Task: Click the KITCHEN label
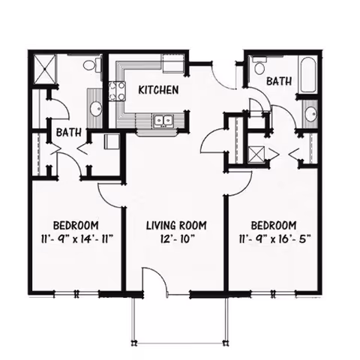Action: tap(158, 90)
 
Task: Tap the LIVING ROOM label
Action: tap(176, 225)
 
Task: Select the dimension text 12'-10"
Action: tap(176, 239)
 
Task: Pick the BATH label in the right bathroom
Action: tap(279, 80)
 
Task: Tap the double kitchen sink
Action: tap(162, 120)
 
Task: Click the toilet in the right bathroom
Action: tap(260, 68)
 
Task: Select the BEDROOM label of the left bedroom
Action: tap(76, 225)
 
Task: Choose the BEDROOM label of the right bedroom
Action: tap(273, 225)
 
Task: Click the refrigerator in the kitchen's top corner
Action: tap(173, 63)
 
